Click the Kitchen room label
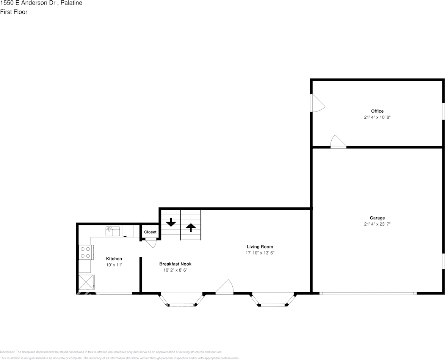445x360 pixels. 114,259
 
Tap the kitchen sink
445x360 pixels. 113,231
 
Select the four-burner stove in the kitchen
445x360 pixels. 86,252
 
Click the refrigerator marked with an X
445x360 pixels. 86,283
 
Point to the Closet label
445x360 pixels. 150,232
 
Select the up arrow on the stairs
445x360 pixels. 191,227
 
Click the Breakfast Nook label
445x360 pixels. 175,264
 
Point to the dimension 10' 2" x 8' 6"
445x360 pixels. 175,270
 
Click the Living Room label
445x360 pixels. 260,247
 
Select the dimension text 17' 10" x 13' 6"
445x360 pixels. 260,253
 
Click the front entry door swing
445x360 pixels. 226,287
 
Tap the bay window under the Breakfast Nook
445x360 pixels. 182,300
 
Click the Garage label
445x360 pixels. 377,218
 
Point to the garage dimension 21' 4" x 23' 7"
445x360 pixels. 377,224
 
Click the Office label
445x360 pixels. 377,111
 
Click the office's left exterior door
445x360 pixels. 317,103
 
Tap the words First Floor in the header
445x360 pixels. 14,12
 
